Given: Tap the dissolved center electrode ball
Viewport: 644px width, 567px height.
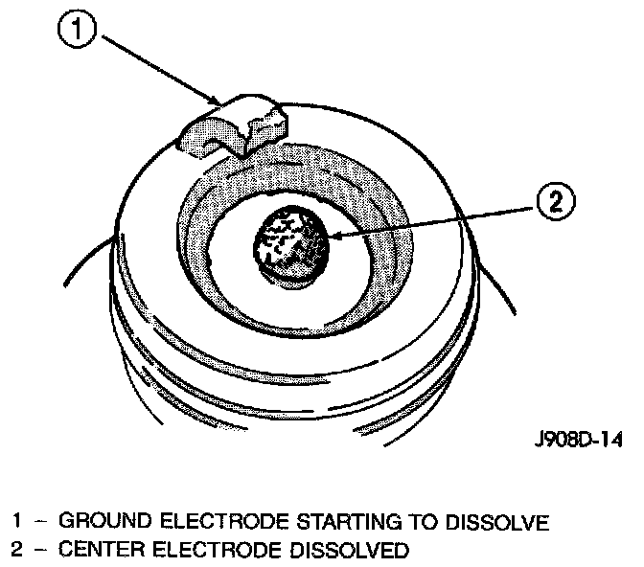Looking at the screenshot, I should (289, 241).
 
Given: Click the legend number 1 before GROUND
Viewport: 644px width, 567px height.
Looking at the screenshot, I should (17, 523).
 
